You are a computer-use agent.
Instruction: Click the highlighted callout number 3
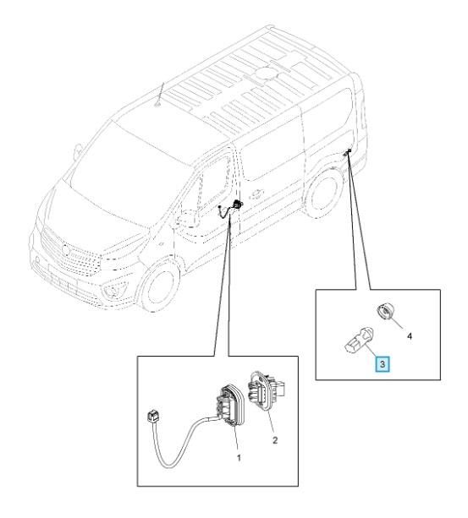[x=383, y=364]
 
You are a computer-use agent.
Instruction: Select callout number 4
[x=410, y=336]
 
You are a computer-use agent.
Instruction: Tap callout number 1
[x=239, y=458]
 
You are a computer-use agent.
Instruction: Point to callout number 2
[x=275, y=439]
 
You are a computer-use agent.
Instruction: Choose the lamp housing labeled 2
[x=266, y=390]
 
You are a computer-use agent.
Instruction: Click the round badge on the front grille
[x=66, y=251]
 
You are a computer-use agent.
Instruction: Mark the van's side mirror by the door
[x=188, y=220]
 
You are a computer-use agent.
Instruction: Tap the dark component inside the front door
[x=236, y=204]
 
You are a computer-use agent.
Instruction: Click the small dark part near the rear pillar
[x=347, y=152]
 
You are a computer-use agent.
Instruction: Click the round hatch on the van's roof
[x=266, y=72]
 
